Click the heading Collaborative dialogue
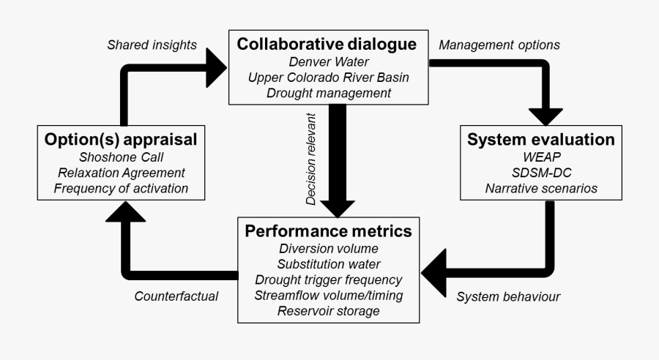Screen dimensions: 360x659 tap(327, 45)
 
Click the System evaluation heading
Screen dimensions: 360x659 tap(540, 140)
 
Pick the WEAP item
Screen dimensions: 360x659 tap(540, 157)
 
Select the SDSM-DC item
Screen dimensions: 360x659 tap(540, 173)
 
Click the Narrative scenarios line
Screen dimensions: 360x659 tap(540, 189)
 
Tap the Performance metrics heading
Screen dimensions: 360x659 tap(328, 231)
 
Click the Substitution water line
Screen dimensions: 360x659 tap(328, 264)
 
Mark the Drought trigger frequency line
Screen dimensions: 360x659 tap(328, 280)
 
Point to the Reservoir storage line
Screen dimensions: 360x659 tap(328, 312)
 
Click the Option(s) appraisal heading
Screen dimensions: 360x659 tap(121, 140)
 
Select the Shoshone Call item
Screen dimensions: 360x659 tap(121, 157)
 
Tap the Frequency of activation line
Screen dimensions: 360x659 tap(121, 189)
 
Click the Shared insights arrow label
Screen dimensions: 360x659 tap(152, 45)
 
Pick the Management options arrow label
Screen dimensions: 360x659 tap(499, 45)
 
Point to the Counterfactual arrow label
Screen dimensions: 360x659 tap(176, 297)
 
